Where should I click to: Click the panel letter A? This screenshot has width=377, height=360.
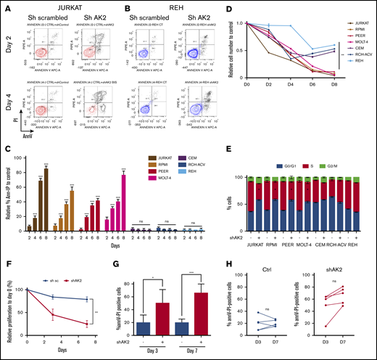pyautogui.click(x=5, y=7)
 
